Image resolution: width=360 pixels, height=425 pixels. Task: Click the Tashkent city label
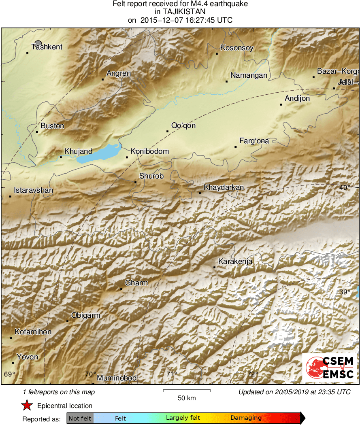pyautogui.click(x=47, y=47)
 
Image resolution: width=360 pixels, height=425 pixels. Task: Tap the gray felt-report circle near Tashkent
pyautogui.click(x=38, y=43)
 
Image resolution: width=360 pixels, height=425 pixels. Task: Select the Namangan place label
pyautogui.click(x=249, y=75)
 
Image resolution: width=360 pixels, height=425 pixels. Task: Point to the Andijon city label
pyautogui.click(x=297, y=98)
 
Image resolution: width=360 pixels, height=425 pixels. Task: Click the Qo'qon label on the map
pyautogui.click(x=183, y=125)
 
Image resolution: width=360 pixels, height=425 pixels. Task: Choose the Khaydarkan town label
pyautogui.click(x=224, y=187)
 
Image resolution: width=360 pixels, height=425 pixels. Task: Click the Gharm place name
pyautogui.click(x=136, y=283)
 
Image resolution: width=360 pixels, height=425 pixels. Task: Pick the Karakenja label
pyautogui.click(x=235, y=261)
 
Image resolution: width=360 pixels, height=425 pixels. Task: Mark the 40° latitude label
pyautogui.click(x=345, y=187)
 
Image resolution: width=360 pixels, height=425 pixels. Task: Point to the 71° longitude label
pyautogui.click(x=171, y=374)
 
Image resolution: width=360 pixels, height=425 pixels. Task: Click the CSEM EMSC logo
pyautogui.click(x=330, y=368)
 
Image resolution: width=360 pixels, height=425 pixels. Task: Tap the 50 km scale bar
pyautogui.click(x=187, y=391)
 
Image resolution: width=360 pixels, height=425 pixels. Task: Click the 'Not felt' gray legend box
pyautogui.click(x=80, y=418)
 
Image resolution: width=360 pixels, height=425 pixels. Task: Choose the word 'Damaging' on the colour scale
pyautogui.click(x=246, y=418)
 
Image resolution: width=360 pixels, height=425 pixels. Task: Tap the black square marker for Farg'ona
pyautogui.click(x=235, y=147)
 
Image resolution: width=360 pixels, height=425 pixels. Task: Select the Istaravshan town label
pyautogui.click(x=33, y=190)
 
